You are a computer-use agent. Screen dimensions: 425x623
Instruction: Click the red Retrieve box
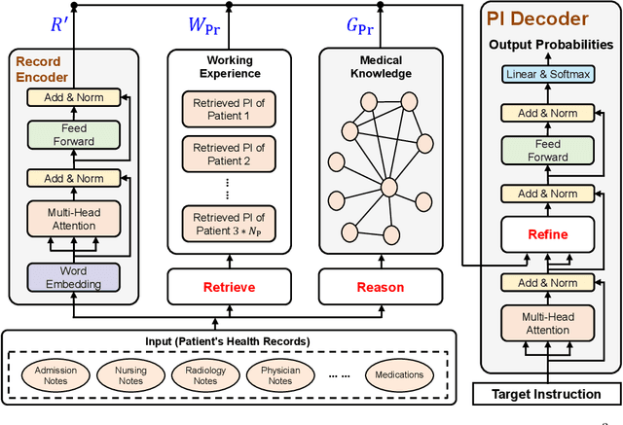[x=229, y=287]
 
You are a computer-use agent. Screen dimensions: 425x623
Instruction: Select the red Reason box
[x=380, y=287]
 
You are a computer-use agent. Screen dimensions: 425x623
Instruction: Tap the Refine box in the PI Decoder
[x=548, y=234]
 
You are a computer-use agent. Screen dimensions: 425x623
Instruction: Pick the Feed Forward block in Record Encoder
[x=74, y=134]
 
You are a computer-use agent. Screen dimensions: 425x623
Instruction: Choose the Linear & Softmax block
[x=548, y=75]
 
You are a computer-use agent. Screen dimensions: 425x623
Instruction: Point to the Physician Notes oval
[x=280, y=374]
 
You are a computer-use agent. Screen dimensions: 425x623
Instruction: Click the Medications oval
[x=400, y=374]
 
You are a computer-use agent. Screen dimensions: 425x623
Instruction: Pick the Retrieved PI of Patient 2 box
[x=229, y=154]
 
